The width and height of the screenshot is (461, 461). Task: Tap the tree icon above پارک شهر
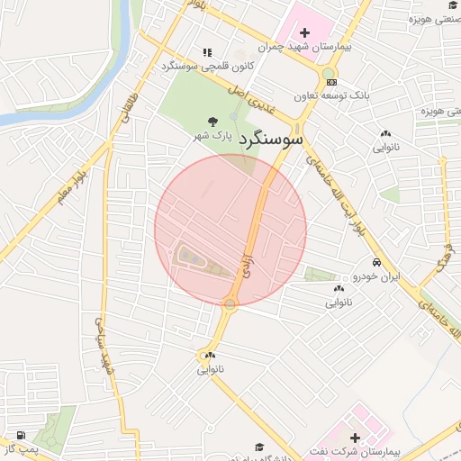pyautogui.click(x=212, y=121)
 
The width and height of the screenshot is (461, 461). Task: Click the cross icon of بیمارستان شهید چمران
pyautogui.click(x=304, y=32)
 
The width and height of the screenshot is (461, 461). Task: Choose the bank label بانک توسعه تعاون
pyautogui.click(x=332, y=95)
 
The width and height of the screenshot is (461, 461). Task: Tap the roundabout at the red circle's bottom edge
pyautogui.click(x=230, y=303)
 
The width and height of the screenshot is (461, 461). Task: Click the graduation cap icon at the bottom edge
pyautogui.click(x=259, y=447)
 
